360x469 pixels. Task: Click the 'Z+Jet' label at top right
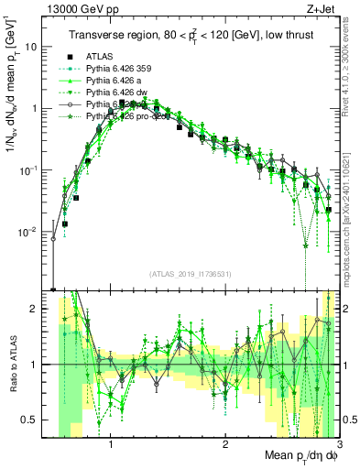tap(322, 8)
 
